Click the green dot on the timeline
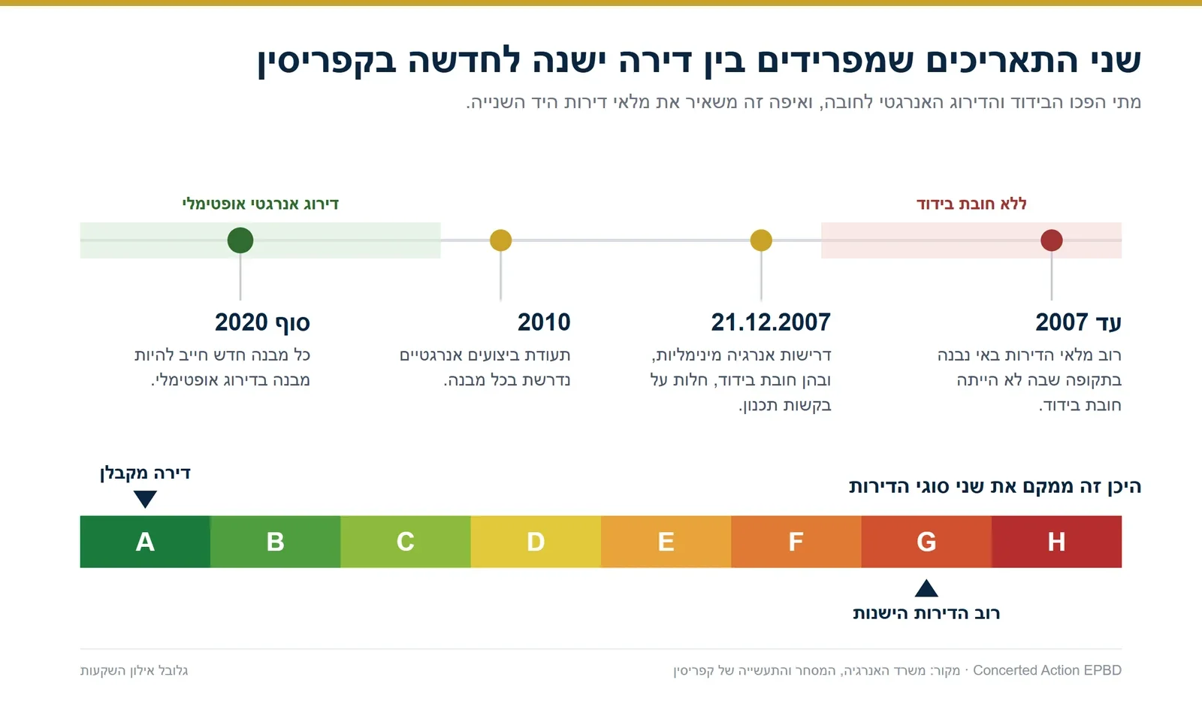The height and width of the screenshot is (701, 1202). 240,240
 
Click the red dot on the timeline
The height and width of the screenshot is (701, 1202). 1051,240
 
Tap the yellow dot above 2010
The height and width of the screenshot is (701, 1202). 500,240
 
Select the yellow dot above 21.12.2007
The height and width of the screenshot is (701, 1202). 761,240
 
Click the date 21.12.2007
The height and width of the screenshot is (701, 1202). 771,322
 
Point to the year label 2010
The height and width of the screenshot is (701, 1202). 544,322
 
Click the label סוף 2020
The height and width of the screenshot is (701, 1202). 262,322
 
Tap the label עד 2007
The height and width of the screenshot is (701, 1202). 1078,322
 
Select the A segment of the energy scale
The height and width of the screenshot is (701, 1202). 145,542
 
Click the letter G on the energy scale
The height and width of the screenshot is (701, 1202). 926,542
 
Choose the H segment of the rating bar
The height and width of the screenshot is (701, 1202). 1056,542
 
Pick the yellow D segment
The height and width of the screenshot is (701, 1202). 536,542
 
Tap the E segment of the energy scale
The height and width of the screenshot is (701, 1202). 666,542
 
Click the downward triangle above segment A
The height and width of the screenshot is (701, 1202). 145,497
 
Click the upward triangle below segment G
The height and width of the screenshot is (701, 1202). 926,589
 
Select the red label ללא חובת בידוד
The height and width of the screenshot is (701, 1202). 971,204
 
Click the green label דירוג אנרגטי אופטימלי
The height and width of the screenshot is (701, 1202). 260,204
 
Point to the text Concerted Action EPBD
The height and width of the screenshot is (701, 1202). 1047,670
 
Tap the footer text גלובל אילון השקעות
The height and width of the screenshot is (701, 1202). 134,670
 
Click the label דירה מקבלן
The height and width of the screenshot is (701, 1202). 145,473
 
